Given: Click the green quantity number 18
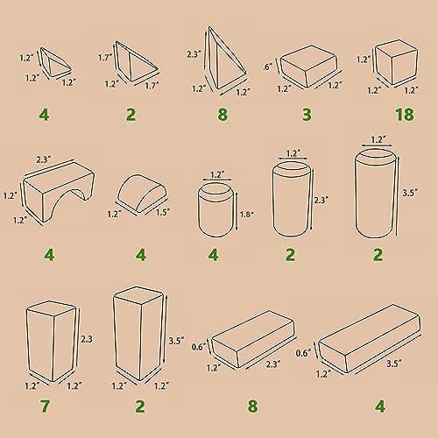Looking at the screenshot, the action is [405, 115].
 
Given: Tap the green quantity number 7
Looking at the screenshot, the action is [45, 406].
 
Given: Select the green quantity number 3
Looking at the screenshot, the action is [307, 114].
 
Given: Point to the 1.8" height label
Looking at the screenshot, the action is [247, 215].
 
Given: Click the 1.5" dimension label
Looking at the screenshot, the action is [163, 212].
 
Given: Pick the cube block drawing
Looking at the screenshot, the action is [396, 62].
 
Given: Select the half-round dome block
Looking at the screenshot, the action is [142, 194].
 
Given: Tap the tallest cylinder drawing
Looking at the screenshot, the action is [377, 194].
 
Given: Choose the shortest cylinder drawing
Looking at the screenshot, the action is [216, 211].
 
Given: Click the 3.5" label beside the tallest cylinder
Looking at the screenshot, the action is [410, 193].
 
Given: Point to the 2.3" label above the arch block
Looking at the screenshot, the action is [44, 159].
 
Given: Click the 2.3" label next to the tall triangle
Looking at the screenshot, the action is [194, 54].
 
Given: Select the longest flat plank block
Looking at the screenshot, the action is [370, 338].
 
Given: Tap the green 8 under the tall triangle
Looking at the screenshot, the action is [223, 114].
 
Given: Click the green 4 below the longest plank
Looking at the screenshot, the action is [380, 406].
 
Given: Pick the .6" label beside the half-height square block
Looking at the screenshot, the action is [268, 67].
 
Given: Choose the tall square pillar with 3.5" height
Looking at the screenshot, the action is [138, 334].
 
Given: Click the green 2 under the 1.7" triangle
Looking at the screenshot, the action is [131, 114].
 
